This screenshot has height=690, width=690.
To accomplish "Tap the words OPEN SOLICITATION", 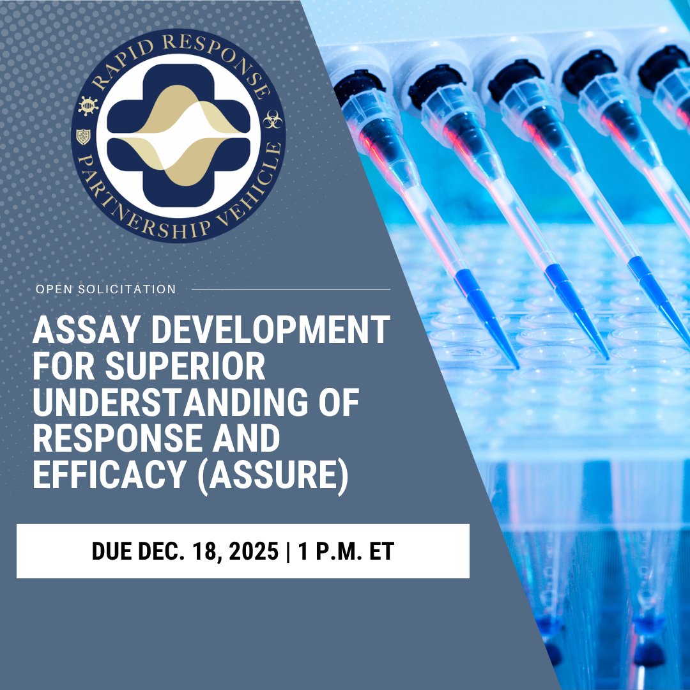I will click(106, 289).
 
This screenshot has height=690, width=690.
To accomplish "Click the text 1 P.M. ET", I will click(346, 551).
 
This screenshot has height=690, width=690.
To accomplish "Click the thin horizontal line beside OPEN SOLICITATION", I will click(291, 289).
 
